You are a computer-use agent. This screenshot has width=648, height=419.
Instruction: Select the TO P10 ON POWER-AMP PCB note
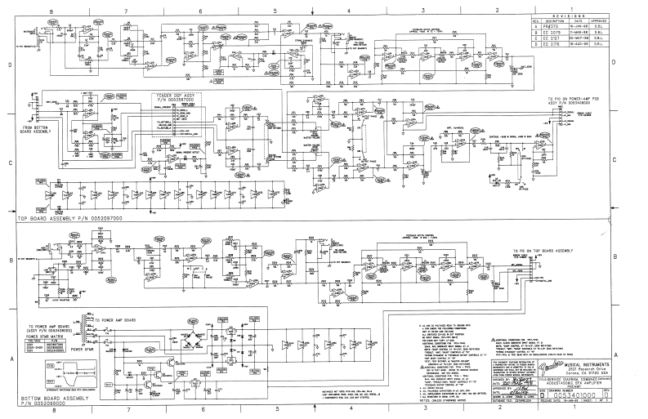[x=581, y=104]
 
